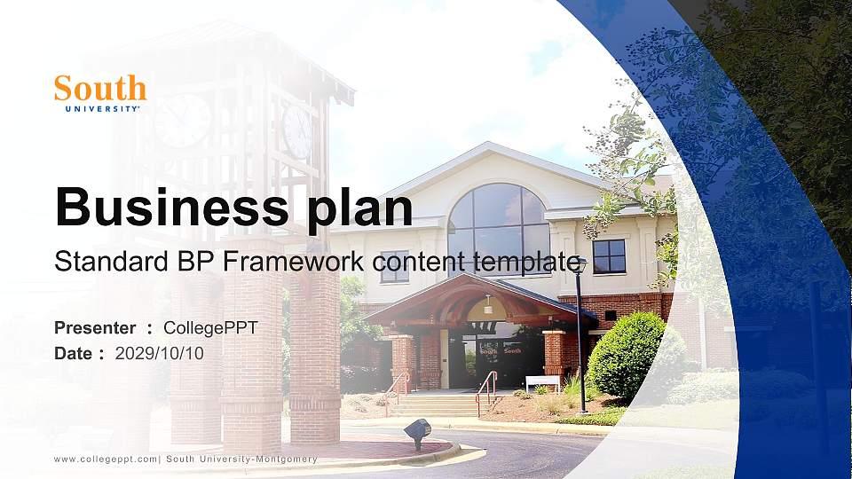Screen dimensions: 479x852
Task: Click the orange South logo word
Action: pos(99,88)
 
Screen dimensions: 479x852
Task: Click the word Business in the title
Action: pos(165,208)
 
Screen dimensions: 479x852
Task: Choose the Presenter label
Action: pos(95,328)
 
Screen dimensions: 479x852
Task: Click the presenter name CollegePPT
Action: pos(210,328)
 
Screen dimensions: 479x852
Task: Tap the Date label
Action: pos(74,353)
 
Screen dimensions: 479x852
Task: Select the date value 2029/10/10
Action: pos(159,353)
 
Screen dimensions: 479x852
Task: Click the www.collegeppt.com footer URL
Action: pos(105,459)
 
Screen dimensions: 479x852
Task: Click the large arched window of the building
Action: pos(498,222)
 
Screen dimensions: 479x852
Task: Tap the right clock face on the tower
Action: pos(297,132)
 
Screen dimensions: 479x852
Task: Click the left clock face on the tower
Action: pos(183,121)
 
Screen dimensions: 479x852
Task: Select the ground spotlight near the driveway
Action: pos(417,432)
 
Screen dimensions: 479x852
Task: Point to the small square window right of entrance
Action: pos(609,256)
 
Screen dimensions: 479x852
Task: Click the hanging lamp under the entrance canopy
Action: pos(486,306)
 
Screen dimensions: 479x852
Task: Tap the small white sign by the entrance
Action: pos(542,382)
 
